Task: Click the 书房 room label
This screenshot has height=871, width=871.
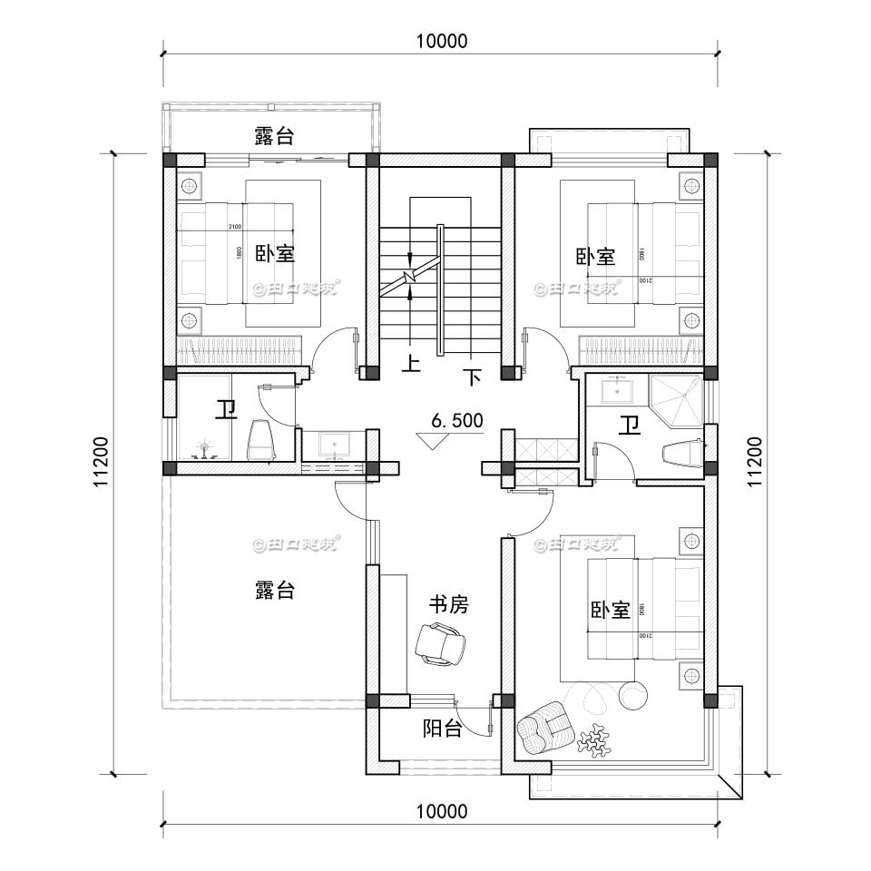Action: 448,605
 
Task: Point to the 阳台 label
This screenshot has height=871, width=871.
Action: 443,729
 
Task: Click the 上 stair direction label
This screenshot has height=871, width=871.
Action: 412,365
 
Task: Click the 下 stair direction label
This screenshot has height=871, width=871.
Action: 471,376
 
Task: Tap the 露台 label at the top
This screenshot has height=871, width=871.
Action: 274,137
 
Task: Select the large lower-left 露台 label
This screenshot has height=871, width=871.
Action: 274,591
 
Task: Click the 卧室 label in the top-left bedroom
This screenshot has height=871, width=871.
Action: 274,254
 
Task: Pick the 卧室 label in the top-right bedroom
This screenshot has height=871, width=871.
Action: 595,258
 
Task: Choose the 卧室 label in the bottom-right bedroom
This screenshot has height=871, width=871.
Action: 610,610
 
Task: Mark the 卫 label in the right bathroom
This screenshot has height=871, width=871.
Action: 628,425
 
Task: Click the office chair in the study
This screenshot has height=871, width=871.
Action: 440,645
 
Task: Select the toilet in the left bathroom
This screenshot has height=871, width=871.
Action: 261,442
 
